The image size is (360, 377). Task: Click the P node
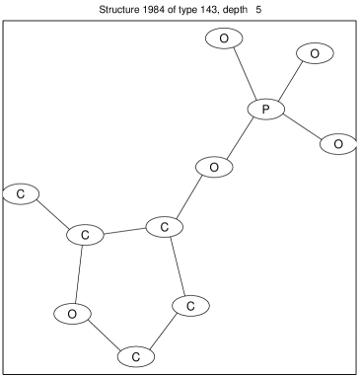pyautogui.click(x=265, y=109)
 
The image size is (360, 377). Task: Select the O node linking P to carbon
pyautogui.click(x=213, y=168)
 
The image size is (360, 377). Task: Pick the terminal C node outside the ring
pyautogui.click(x=21, y=193)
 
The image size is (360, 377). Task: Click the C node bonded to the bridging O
pyautogui.click(x=165, y=227)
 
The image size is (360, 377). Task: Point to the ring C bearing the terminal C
pyautogui.click(x=85, y=236)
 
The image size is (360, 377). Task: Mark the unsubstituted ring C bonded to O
pyautogui.click(x=136, y=352)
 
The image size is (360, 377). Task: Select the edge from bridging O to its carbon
pyautogui.click(x=189, y=197)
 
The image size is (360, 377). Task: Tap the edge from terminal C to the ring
pyautogui.click(x=52, y=214)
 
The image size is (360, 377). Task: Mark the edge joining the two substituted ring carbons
pyautogui.click(x=124, y=232)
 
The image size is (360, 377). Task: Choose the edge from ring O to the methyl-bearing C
pyautogui.click(x=79, y=274)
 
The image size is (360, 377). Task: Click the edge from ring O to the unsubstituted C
pyautogui.click(x=104, y=333)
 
